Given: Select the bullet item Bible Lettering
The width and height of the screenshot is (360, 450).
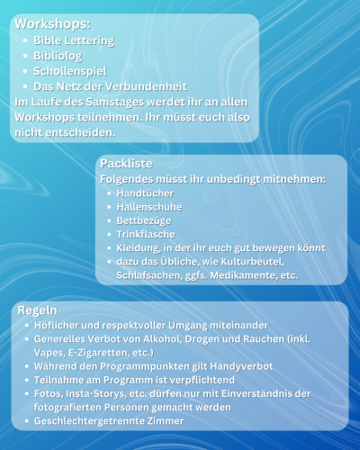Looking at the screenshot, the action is (74, 41).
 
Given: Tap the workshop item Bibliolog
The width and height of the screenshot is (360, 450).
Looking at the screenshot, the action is (58, 56).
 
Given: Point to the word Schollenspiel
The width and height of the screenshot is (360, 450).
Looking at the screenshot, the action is (71, 71).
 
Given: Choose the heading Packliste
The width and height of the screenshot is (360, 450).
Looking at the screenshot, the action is (127, 165).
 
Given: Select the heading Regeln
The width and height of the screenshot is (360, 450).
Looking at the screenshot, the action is (39, 310).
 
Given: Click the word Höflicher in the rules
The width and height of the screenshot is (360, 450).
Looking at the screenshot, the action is (58, 325).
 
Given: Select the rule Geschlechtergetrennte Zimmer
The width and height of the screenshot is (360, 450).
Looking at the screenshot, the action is (108, 421).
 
